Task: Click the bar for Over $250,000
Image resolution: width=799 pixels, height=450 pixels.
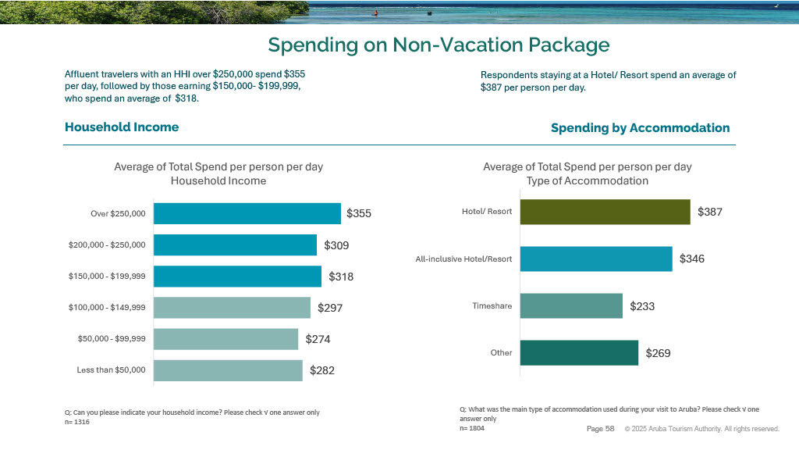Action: point(247,213)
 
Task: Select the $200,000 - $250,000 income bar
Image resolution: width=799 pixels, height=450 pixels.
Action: point(235,245)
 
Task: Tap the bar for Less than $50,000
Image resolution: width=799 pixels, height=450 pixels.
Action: point(227,370)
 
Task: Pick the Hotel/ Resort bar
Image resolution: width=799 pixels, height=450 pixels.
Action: point(605,212)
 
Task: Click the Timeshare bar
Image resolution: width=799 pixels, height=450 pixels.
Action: point(571,306)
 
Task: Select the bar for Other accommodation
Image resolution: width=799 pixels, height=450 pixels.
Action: point(579,353)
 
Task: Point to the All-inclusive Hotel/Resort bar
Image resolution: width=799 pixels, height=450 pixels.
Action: point(596,259)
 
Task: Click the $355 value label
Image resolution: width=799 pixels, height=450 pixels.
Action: point(359,213)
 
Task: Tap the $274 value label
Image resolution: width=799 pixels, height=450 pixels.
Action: point(318,339)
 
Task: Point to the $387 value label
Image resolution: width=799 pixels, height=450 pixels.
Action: point(711,212)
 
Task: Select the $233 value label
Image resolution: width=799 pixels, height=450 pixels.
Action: point(643,306)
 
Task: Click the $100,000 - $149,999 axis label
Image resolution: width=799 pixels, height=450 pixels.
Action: point(107,308)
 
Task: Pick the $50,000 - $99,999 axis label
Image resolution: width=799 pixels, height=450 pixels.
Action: point(111,339)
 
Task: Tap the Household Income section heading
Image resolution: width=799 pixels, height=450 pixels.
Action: point(122,127)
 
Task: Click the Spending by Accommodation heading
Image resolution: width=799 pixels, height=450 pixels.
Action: point(640,128)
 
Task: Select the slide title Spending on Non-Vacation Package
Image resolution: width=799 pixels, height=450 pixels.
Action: point(439,45)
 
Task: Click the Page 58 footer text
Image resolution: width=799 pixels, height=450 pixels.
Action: point(600,429)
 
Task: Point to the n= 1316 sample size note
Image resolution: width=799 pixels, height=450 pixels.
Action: point(77,422)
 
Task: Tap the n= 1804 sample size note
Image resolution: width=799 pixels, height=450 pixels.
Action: point(472,428)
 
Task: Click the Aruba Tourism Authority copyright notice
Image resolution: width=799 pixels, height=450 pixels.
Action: point(701,429)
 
